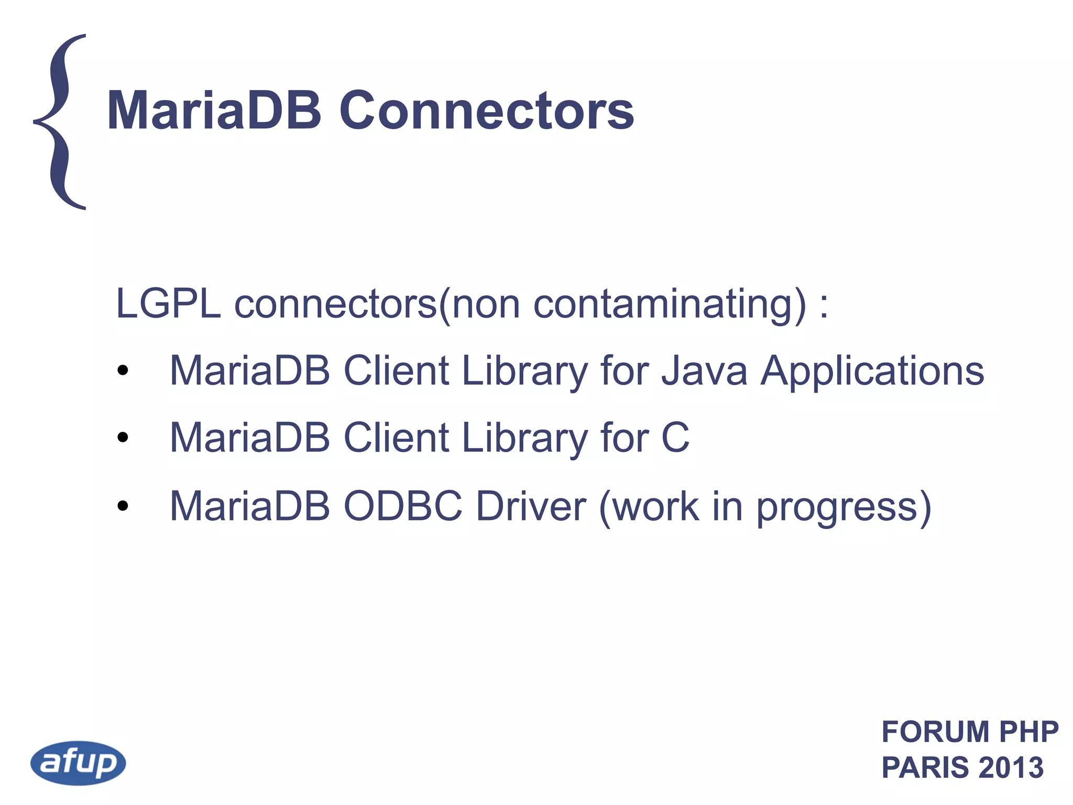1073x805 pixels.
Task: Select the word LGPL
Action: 168,303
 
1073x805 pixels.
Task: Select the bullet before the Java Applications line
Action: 123,371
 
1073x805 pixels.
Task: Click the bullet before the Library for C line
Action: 123,437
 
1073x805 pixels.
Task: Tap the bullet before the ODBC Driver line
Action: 123,506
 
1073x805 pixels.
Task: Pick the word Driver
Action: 531,506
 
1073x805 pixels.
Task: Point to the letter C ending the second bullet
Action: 675,437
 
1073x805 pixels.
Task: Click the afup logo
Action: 79,763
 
